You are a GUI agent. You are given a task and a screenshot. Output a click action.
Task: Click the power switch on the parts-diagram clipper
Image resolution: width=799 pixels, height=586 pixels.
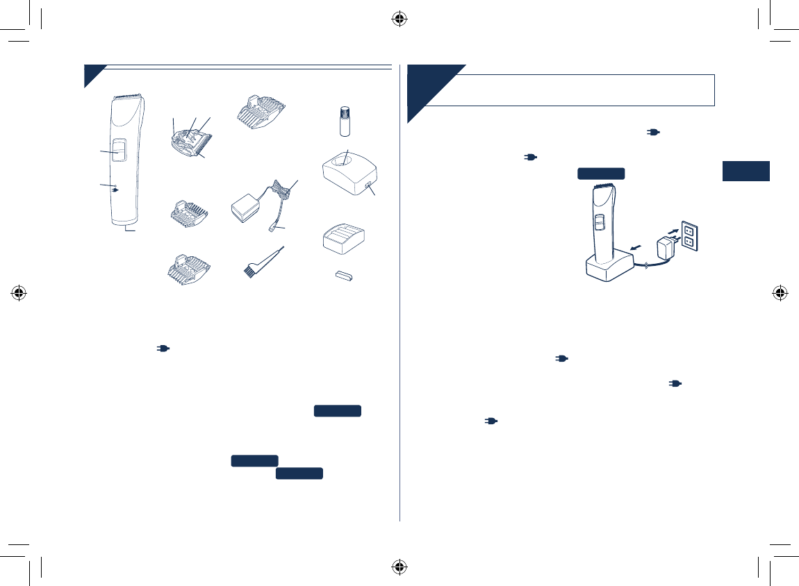pyautogui.click(x=117, y=151)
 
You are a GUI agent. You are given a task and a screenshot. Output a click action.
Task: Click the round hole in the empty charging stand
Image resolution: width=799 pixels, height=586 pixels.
pyautogui.click(x=343, y=161)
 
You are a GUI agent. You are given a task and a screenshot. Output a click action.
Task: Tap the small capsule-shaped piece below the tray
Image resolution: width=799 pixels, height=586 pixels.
pyautogui.click(x=343, y=276)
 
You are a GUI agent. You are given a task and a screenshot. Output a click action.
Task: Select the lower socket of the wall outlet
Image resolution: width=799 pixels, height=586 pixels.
pyautogui.click(x=689, y=243)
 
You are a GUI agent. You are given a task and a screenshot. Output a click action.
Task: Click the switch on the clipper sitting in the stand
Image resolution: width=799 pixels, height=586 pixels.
pyautogui.click(x=600, y=224)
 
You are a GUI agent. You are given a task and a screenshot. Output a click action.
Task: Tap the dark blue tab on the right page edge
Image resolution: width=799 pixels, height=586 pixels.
pyautogui.click(x=746, y=171)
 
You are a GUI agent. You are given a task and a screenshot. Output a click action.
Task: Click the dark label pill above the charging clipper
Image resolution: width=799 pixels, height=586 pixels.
pyautogui.click(x=601, y=174)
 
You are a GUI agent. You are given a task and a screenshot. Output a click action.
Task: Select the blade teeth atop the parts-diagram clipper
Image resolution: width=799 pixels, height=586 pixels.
pyautogui.click(x=128, y=94)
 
